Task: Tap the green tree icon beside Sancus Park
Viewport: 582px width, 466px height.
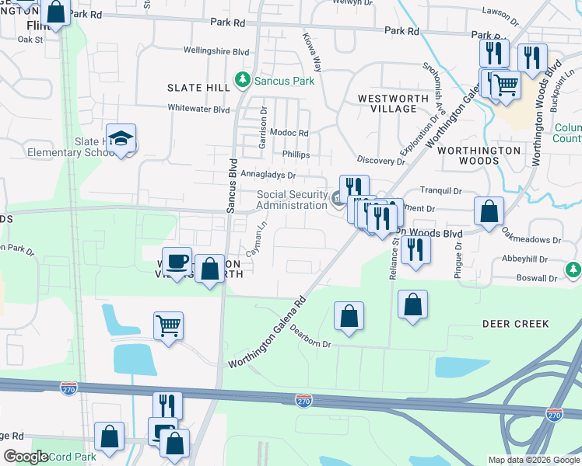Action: click(x=244, y=80)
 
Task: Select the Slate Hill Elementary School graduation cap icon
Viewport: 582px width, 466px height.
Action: click(x=121, y=139)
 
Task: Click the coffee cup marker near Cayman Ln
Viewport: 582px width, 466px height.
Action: click(x=177, y=262)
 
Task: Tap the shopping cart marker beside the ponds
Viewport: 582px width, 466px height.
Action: click(x=167, y=326)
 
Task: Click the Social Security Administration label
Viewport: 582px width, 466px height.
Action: click(x=293, y=200)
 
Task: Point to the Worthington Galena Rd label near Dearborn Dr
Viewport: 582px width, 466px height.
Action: click(x=268, y=331)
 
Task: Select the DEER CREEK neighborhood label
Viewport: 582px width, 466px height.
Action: click(x=516, y=324)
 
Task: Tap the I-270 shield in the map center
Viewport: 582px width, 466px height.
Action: click(x=304, y=400)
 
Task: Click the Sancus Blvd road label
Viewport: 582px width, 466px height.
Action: click(x=231, y=185)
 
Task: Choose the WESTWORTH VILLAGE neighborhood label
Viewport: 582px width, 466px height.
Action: click(x=393, y=103)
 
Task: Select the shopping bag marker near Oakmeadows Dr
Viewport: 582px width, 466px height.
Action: click(x=489, y=211)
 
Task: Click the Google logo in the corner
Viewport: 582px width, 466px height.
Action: click(x=26, y=457)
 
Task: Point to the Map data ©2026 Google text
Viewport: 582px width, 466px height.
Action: click(x=534, y=460)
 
